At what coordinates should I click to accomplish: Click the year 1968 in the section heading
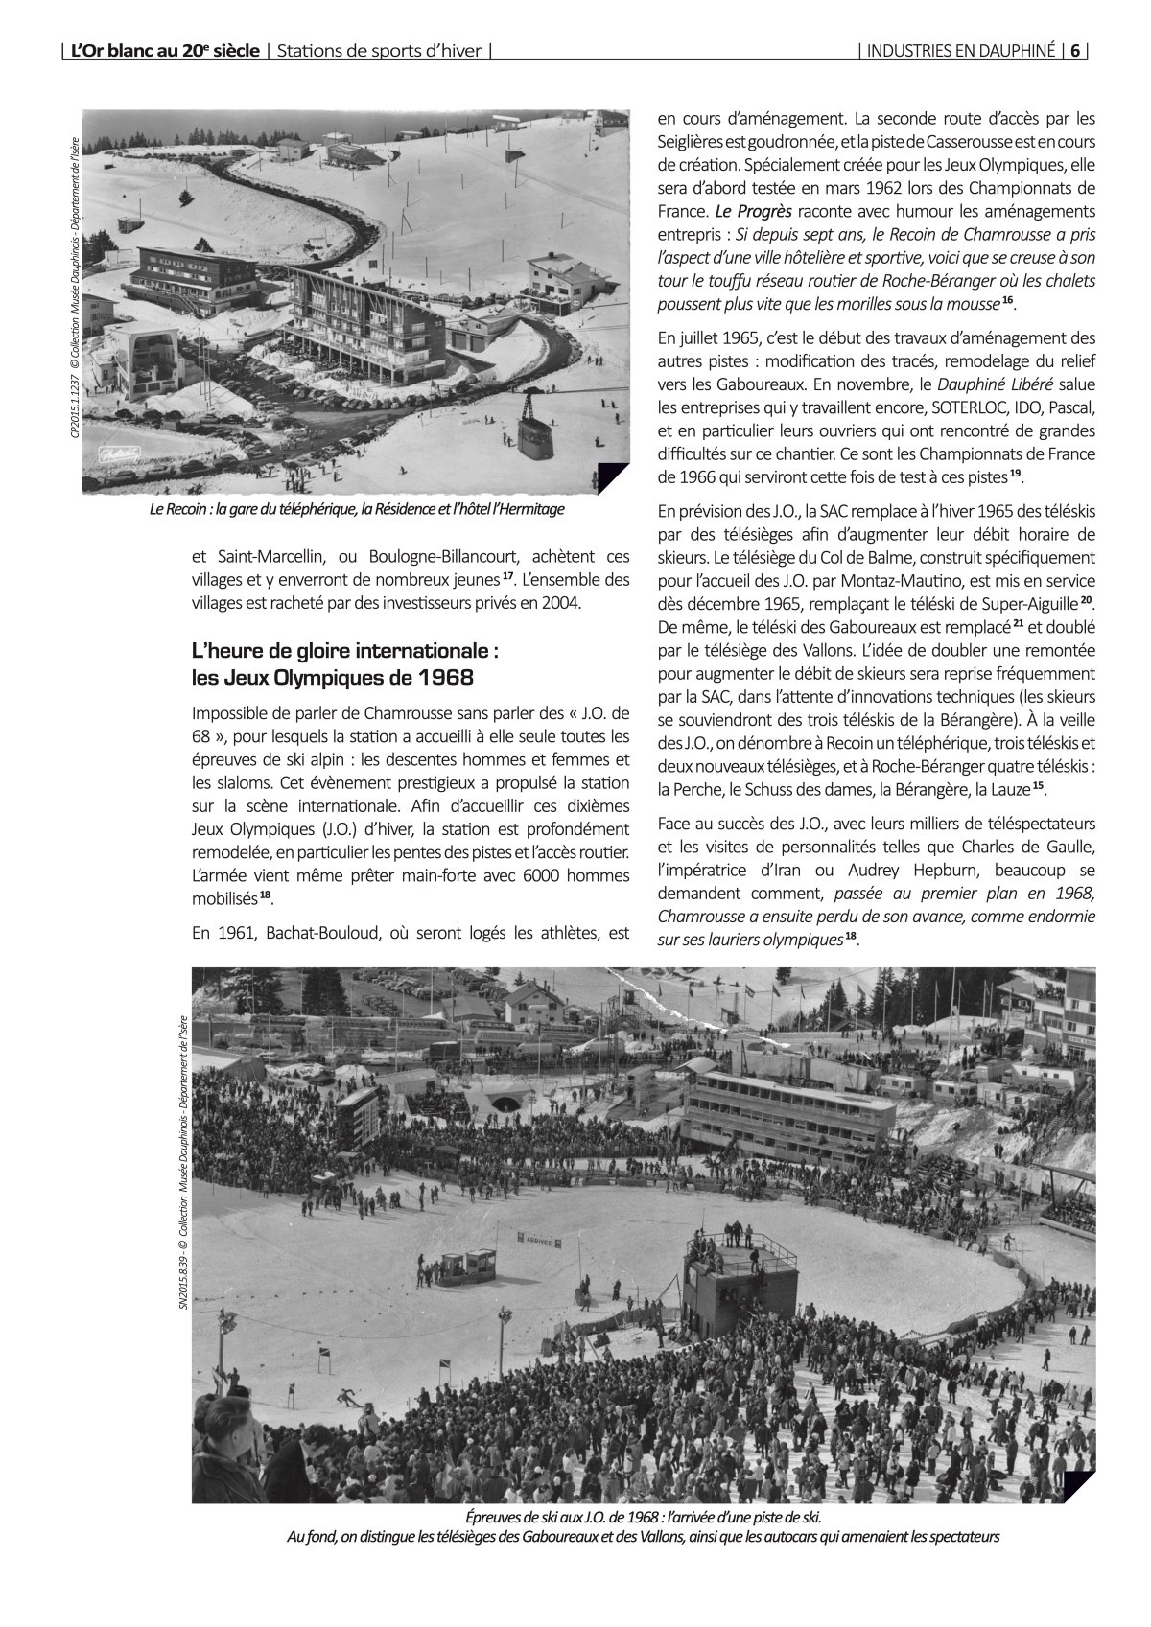(445, 678)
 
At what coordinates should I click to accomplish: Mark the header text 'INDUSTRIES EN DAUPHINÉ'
(960, 52)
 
